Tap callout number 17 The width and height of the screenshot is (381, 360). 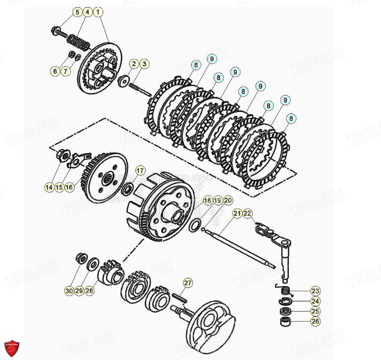click(x=140, y=170)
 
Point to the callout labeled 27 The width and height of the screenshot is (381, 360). click(x=188, y=283)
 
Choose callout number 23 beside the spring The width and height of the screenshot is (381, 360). click(x=315, y=291)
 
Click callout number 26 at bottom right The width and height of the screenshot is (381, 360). click(x=315, y=322)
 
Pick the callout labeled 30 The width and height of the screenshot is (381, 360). click(x=69, y=291)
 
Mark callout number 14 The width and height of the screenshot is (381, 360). click(x=49, y=188)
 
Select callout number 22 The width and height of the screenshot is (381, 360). click(x=248, y=214)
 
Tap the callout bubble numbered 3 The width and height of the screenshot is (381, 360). click(x=144, y=63)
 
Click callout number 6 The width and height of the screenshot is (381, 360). click(x=55, y=72)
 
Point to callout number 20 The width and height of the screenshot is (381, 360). click(x=228, y=200)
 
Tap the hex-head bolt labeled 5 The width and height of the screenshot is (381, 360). click(x=58, y=32)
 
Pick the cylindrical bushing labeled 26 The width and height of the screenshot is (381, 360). click(x=285, y=322)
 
